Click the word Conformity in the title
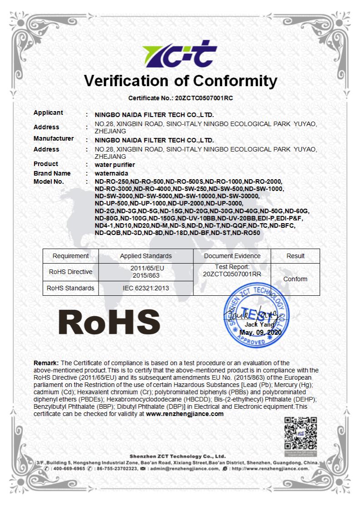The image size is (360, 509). [235, 81]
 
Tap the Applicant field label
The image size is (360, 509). [49, 113]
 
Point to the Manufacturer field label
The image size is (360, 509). [54, 138]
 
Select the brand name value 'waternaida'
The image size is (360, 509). [112, 173]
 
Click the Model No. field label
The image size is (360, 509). [49, 181]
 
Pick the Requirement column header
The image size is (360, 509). [71, 256]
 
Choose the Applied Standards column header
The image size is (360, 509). [146, 256]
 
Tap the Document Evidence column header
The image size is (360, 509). [232, 256]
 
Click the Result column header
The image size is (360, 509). [296, 256]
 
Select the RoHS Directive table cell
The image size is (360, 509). [71, 272]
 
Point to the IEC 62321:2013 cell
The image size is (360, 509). [146, 288]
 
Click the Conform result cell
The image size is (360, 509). [296, 279]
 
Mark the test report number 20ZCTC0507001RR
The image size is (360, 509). [232, 274]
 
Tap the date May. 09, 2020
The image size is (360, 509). [261, 333]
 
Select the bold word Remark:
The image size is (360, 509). [46, 363]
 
